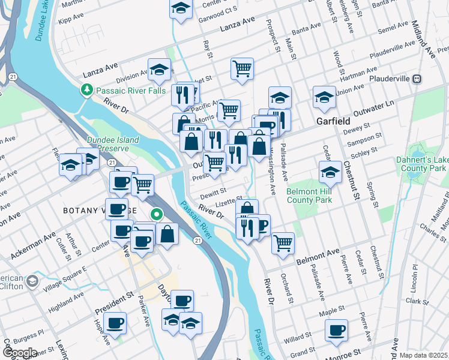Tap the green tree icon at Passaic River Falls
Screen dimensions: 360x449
tap(86, 90)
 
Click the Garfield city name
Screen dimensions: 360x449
tap(334, 121)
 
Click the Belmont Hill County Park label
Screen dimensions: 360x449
tap(310, 196)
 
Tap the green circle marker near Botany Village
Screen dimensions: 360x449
tap(156, 214)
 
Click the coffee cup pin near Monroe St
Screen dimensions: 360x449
tap(336, 329)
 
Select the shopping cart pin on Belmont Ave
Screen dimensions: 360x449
tap(282, 242)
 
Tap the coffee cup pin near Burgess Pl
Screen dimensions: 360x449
tap(115, 323)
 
